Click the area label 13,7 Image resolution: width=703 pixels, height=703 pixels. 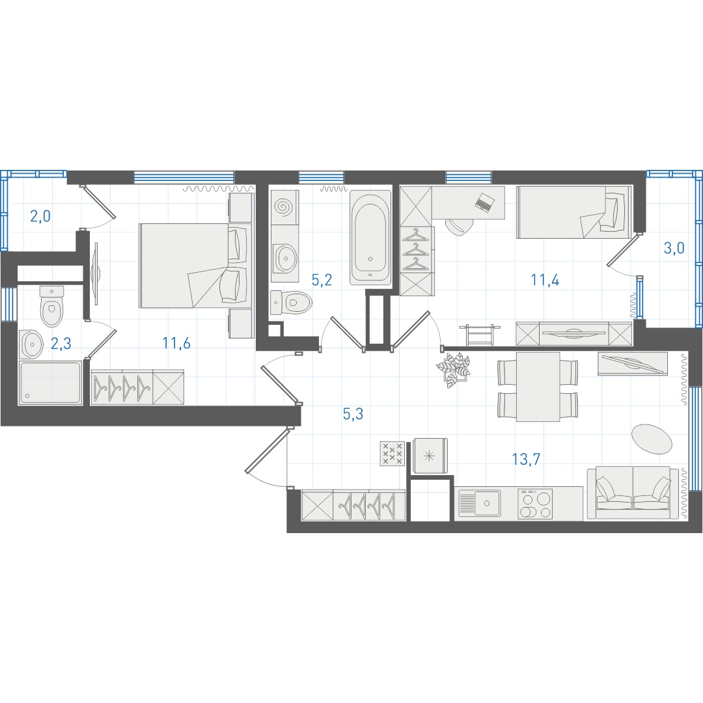click(x=526, y=459)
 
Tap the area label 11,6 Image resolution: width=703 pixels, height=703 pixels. click(x=176, y=344)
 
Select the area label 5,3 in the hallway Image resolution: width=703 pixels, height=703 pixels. click(x=353, y=414)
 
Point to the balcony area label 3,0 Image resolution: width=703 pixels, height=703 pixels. click(x=674, y=248)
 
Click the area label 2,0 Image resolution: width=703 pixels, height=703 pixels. click(x=40, y=217)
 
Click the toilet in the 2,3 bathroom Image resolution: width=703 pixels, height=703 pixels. click(x=51, y=306)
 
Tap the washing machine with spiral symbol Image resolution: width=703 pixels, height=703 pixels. click(x=284, y=207)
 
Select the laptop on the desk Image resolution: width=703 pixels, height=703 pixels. click(x=485, y=202)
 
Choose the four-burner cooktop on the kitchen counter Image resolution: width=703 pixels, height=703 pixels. click(x=535, y=504)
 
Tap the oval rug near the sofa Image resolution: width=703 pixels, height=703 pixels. click(x=652, y=439)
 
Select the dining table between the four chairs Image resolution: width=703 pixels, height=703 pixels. click(x=538, y=387)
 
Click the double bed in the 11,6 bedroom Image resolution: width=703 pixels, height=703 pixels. click(x=194, y=266)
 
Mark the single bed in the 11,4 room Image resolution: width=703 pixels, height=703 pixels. click(x=574, y=212)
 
